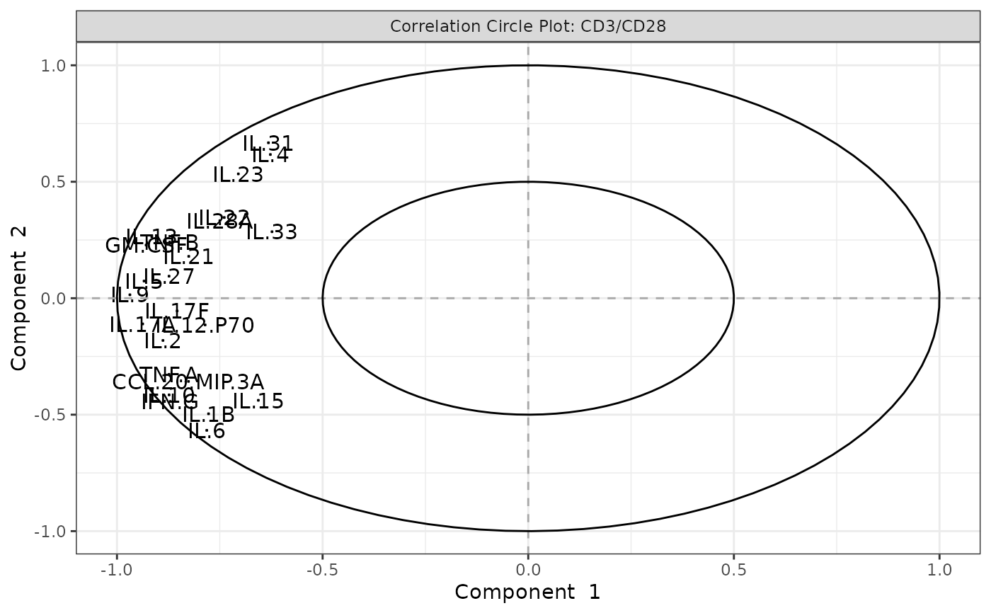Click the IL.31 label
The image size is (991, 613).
point(268,144)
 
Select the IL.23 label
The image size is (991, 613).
point(238,175)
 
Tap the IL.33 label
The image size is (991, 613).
point(272,232)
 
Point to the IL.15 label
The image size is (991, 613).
point(258,402)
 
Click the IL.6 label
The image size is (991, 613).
point(207,431)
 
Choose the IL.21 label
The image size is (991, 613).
point(188,258)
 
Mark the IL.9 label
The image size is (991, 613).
point(130,295)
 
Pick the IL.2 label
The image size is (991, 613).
point(163,341)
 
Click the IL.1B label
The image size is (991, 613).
point(209,416)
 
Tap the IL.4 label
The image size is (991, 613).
point(271,156)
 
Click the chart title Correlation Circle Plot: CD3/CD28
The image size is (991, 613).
point(528,27)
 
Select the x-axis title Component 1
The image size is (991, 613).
point(527,592)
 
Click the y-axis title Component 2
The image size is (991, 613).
point(19,298)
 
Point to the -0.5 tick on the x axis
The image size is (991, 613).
point(323,568)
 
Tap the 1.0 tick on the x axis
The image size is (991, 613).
point(939,568)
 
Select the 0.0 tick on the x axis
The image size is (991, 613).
point(528,568)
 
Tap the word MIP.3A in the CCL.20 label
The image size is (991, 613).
point(229,382)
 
